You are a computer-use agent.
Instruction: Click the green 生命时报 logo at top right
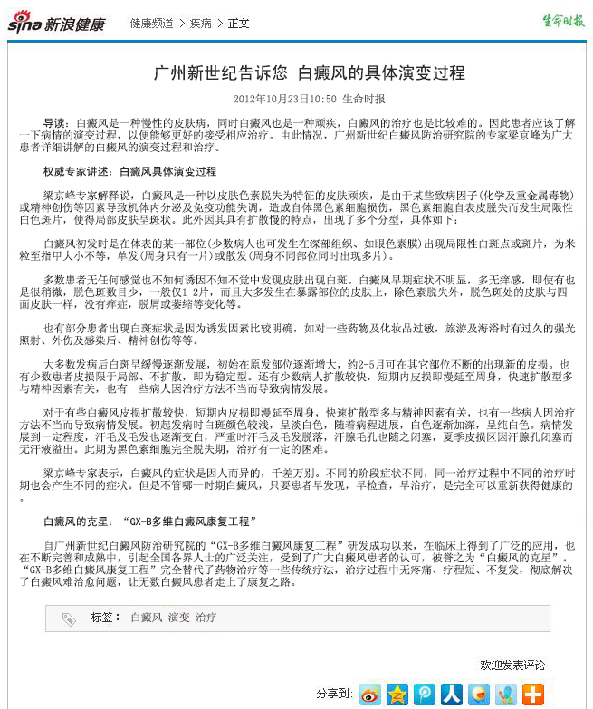[563, 21]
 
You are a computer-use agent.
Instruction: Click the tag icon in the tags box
[69, 618]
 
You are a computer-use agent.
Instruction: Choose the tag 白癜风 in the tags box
[146, 618]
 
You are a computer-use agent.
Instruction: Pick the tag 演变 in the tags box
[178, 618]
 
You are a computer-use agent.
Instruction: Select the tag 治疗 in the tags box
[206, 618]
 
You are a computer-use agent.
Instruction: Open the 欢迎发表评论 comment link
[512, 665]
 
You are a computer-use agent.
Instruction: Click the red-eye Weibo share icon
[370, 694]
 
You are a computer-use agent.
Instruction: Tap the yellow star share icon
[397, 694]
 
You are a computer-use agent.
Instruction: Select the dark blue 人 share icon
[452, 694]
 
